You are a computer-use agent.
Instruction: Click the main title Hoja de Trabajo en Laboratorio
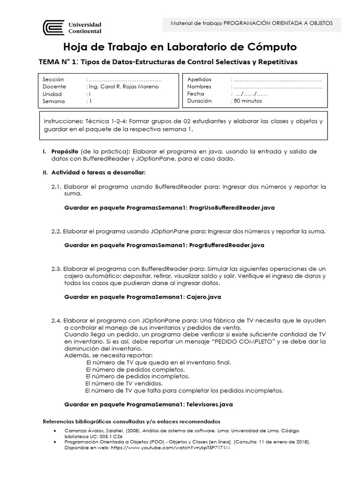point(180,47)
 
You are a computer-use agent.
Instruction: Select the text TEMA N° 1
point(58,62)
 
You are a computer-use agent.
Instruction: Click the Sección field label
point(53,80)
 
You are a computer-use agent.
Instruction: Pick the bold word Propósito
point(65,151)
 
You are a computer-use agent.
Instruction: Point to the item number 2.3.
point(56,269)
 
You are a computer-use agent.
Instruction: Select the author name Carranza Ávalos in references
point(84,430)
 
